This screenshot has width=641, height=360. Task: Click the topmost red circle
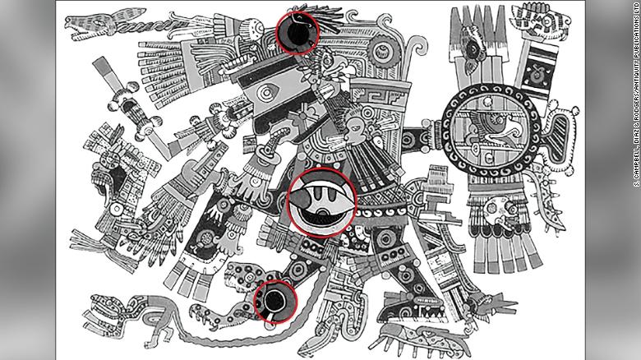[x=297, y=32]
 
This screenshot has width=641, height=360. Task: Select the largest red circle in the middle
[x=333, y=204]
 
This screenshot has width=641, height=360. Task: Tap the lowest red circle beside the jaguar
[x=275, y=301]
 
